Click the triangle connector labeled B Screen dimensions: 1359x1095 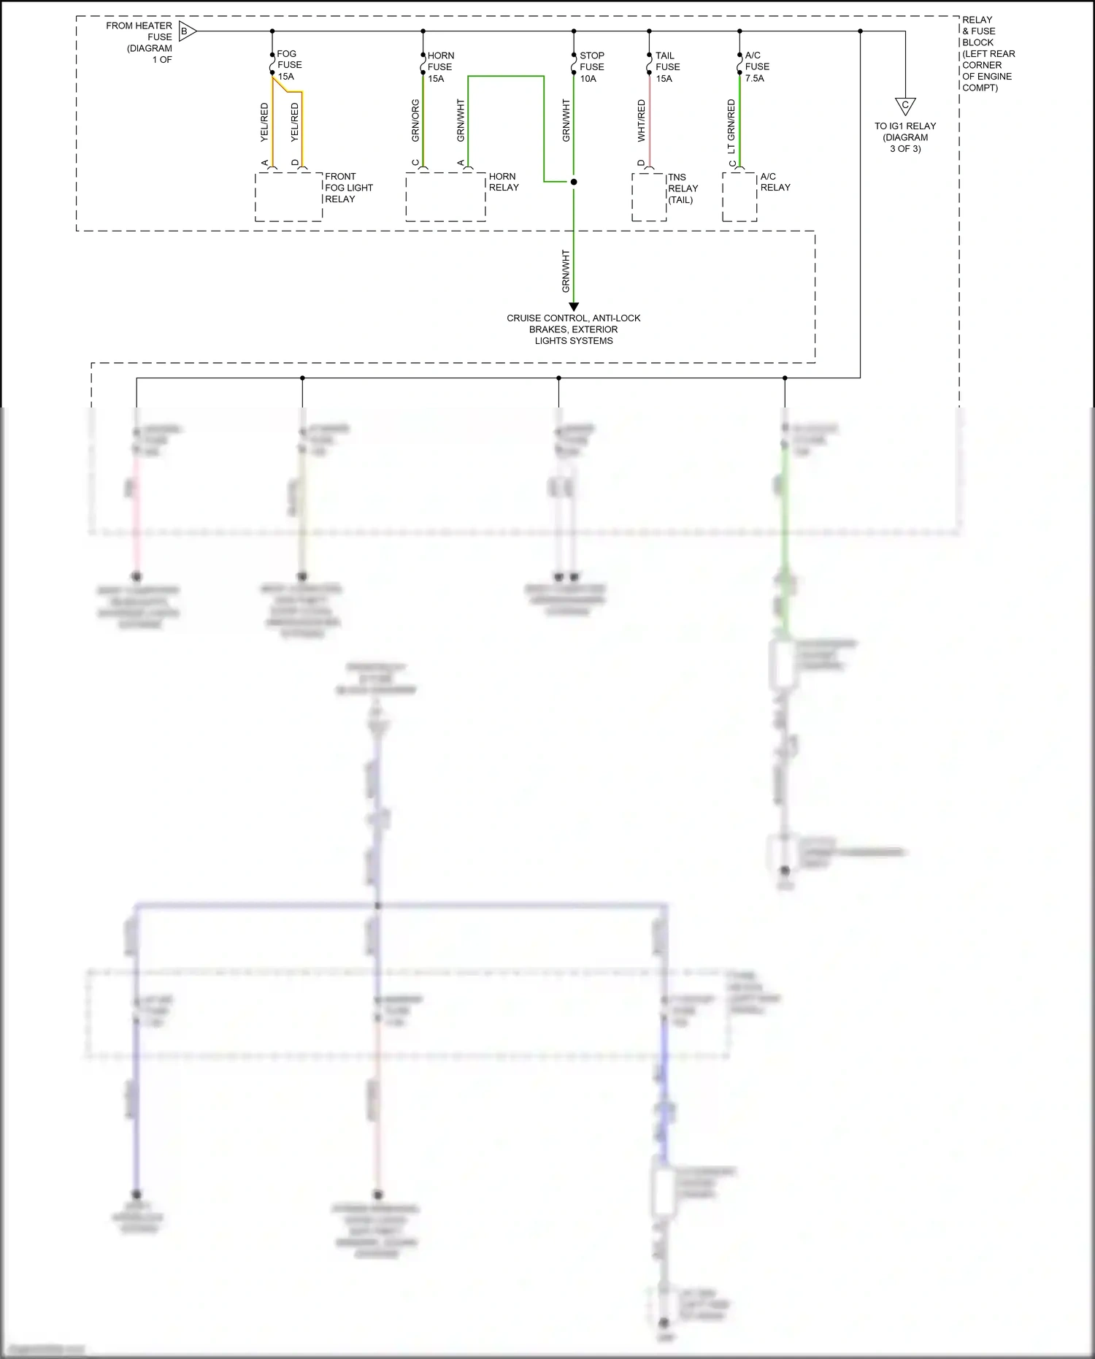point(186,31)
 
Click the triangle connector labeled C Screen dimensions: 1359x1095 point(905,106)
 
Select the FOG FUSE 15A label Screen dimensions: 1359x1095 point(289,65)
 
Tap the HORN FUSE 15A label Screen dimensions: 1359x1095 point(440,66)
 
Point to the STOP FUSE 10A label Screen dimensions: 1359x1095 point(591,66)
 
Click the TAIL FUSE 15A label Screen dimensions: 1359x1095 point(667,66)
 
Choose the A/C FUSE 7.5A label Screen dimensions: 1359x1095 point(756,66)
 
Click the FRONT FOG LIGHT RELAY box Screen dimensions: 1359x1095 point(288,196)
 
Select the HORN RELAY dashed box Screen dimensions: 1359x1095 point(445,196)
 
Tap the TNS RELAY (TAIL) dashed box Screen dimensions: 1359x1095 point(649,196)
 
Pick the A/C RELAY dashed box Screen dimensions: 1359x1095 point(739,196)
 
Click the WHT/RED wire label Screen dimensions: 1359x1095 point(642,120)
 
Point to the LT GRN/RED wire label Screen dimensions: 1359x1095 point(731,126)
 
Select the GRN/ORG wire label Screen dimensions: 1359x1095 point(415,120)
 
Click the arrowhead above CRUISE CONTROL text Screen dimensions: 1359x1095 point(574,307)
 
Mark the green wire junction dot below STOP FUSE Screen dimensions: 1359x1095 point(574,182)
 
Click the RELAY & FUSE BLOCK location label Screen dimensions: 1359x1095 point(988,53)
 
